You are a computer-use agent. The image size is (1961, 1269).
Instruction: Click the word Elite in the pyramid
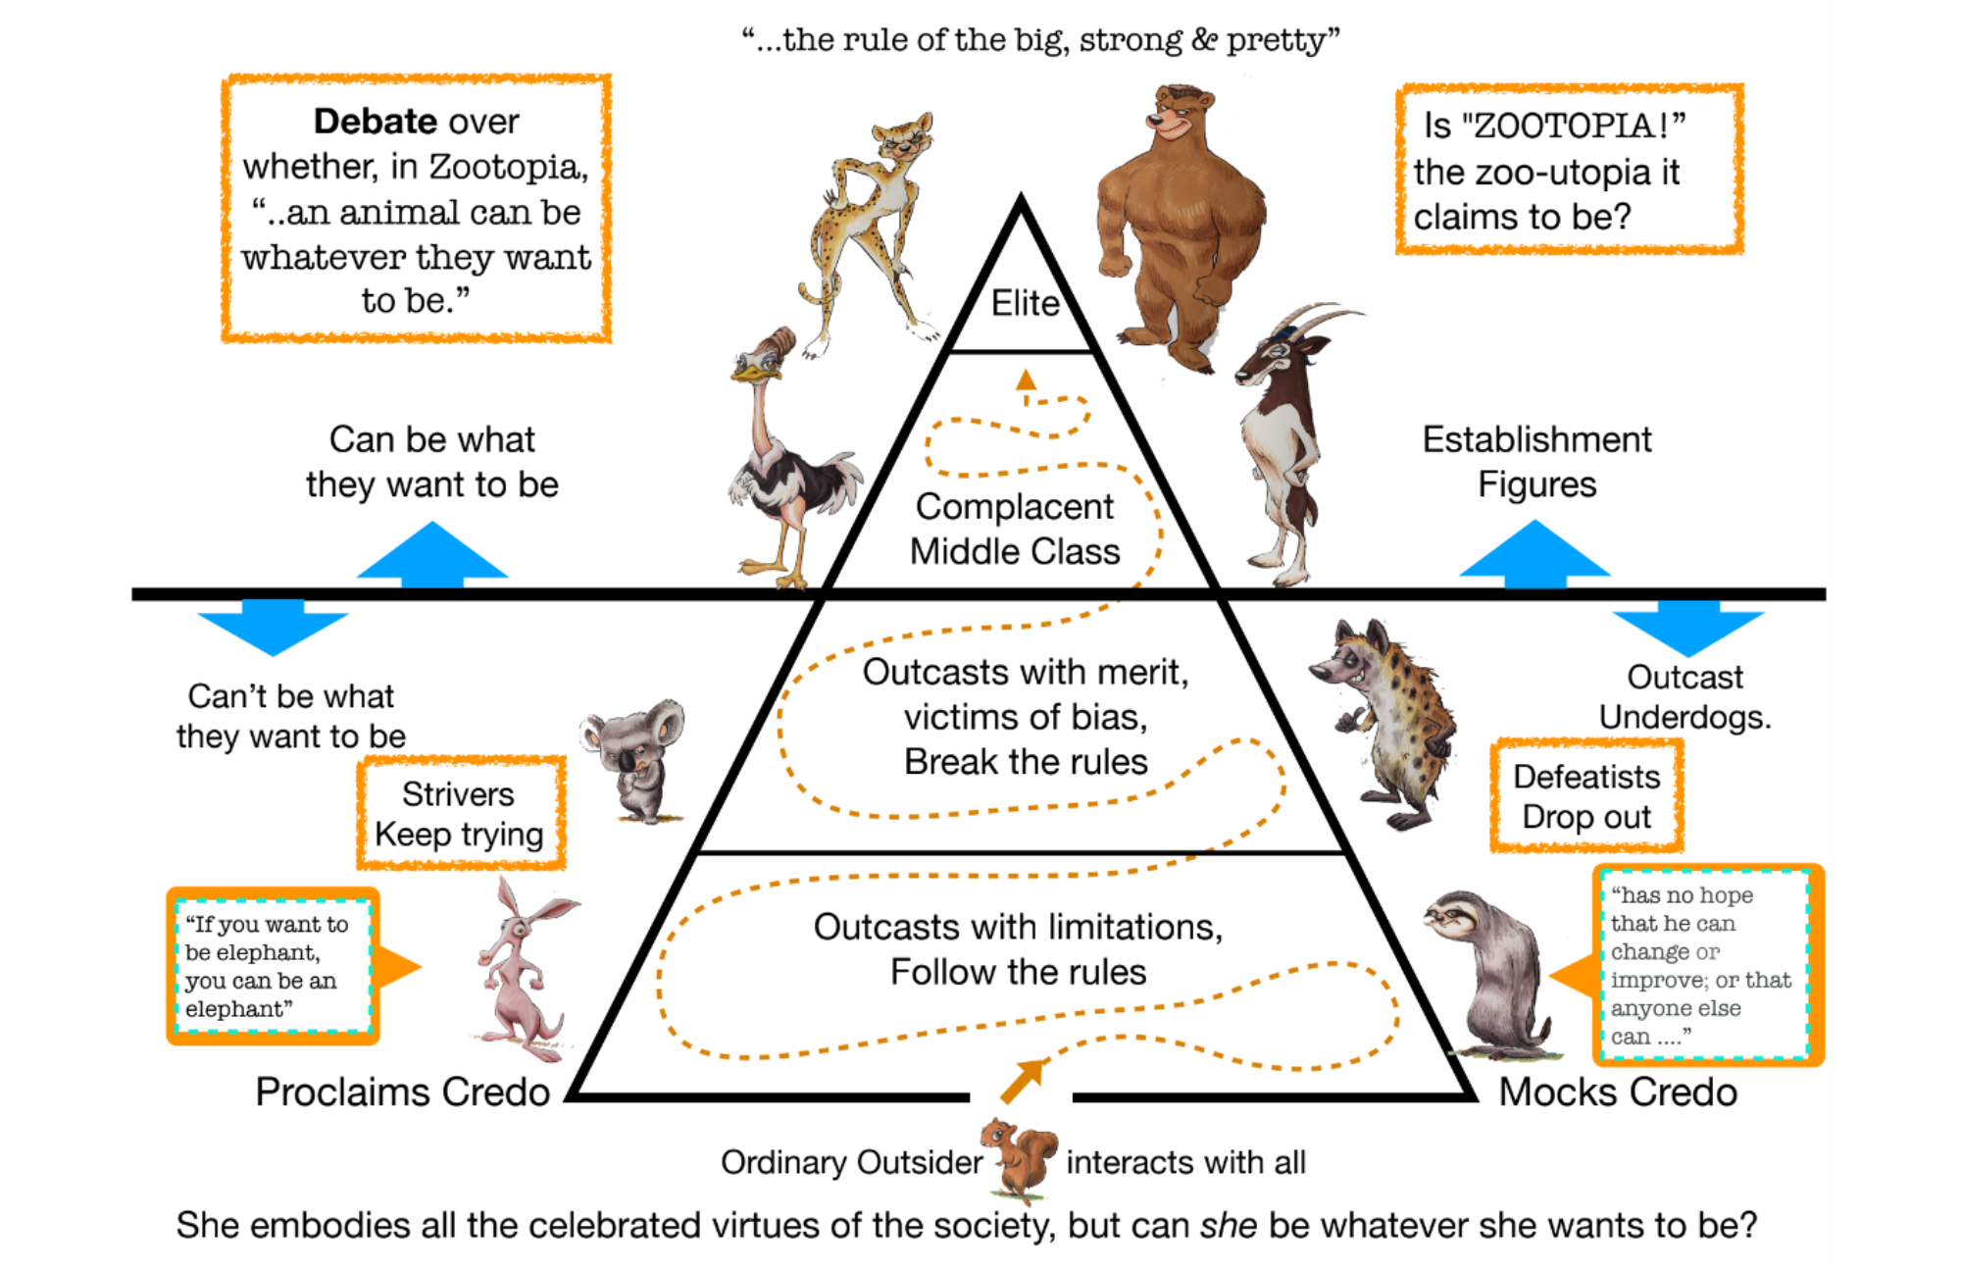(1025, 303)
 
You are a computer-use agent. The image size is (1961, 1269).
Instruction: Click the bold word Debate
(375, 122)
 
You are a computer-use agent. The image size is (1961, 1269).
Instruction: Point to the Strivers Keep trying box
(460, 813)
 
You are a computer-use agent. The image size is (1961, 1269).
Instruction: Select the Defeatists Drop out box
(1585, 796)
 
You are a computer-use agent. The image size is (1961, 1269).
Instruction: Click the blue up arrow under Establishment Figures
(1534, 554)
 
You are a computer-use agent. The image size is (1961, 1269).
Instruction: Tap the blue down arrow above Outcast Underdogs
(1687, 628)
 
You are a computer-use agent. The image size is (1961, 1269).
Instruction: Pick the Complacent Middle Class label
(1015, 529)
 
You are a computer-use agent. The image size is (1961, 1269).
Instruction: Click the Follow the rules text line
(1018, 972)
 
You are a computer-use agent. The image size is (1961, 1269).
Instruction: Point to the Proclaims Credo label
(402, 1091)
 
